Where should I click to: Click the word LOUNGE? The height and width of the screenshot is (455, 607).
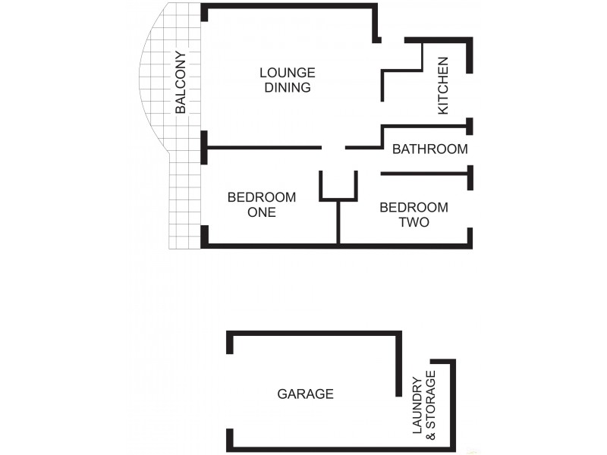tap(287, 73)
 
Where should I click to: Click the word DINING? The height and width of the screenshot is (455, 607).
tap(287, 87)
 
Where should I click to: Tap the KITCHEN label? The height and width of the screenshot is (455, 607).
tap(444, 86)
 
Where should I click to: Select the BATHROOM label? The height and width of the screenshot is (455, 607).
tap(429, 149)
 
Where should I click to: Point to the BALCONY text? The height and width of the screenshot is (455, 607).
tap(181, 82)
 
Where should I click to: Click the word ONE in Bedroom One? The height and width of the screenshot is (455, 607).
tap(262, 212)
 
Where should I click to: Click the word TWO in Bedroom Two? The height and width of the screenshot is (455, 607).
tap(414, 222)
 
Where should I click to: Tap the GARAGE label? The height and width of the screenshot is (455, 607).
tap(305, 394)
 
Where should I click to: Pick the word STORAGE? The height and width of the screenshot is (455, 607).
tap(432, 406)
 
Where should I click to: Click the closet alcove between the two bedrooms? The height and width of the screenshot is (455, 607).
tap(338, 186)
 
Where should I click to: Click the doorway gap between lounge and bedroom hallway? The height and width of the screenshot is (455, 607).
tap(334, 147)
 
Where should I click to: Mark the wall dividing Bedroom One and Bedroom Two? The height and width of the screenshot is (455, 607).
tap(338, 224)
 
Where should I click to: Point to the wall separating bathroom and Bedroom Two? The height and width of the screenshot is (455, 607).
tap(425, 174)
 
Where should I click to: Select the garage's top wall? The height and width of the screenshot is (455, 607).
tap(315, 332)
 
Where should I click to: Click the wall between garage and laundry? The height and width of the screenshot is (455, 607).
tap(398, 364)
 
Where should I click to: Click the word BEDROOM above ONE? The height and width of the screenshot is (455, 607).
tap(262, 197)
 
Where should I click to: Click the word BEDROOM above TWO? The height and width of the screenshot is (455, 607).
tap(414, 207)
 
